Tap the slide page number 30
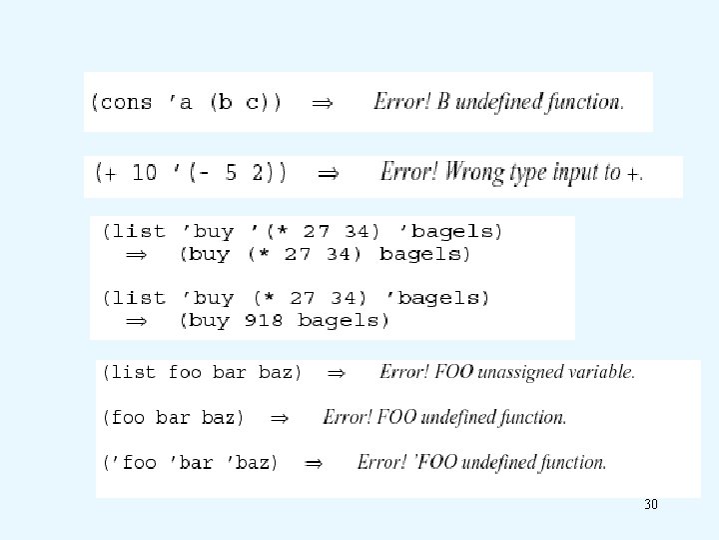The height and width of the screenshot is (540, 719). (x=651, y=505)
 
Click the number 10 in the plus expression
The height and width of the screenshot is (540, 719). (x=145, y=173)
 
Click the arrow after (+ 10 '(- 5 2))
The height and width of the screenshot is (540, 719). (x=327, y=174)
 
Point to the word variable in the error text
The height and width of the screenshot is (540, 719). (x=597, y=372)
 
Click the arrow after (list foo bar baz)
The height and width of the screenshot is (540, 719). (x=337, y=373)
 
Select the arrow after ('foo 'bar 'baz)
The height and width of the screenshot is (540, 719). (x=313, y=463)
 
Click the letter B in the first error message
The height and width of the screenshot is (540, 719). (x=442, y=102)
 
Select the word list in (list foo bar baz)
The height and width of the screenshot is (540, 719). (x=130, y=373)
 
